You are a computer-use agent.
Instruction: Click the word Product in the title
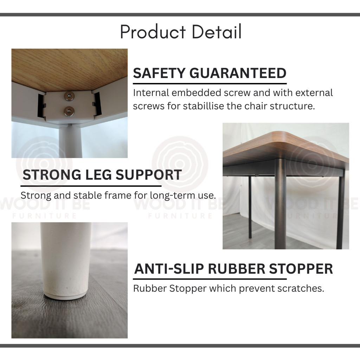[x=153, y=32]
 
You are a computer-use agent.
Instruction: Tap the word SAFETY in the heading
[x=159, y=73]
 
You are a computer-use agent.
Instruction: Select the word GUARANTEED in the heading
[x=238, y=73]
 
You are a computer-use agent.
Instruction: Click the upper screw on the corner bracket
[x=69, y=96]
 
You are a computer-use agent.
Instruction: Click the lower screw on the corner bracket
[x=69, y=111]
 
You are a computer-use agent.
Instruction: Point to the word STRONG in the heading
[x=52, y=175]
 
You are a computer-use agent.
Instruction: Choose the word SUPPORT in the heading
[x=149, y=175]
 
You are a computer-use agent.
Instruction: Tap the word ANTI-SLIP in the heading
[x=169, y=269]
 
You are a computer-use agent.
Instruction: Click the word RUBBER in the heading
[x=237, y=269]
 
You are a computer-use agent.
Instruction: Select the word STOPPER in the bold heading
[x=301, y=269]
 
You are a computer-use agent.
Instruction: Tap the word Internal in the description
[x=151, y=93]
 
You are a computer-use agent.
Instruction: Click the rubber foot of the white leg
[x=65, y=296]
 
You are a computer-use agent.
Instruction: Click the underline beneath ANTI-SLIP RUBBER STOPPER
[x=210, y=279]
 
